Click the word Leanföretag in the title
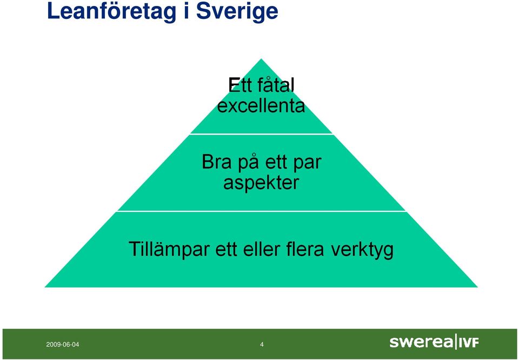[x=111, y=12]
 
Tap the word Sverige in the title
[x=237, y=11]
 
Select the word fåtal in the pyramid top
[x=275, y=85]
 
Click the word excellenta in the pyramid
[x=261, y=106]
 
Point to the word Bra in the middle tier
[x=217, y=162]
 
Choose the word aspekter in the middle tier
[x=261, y=182]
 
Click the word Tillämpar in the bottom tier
[x=169, y=249]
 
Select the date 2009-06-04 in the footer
[x=63, y=344]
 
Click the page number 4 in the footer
[x=262, y=344]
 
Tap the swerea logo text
[x=421, y=342]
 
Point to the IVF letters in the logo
[x=469, y=343]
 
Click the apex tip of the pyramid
[x=261, y=59]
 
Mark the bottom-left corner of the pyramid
[x=45, y=287]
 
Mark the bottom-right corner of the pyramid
[x=477, y=287]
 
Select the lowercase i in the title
[x=186, y=11]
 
